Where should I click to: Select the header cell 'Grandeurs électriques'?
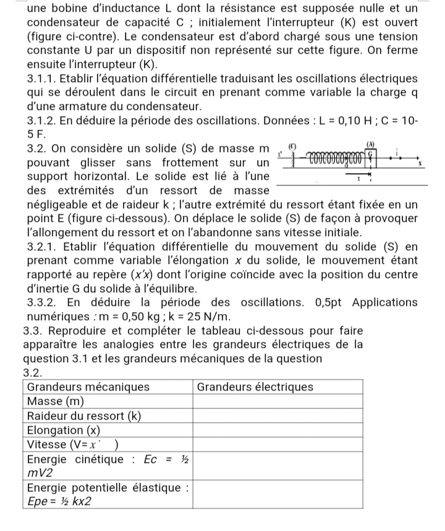click(x=255, y=387)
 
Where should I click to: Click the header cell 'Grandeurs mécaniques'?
click(x=89, y=387)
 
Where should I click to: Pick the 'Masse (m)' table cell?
click(x=56, y=401)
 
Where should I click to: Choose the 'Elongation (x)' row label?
click(x=64, y=430)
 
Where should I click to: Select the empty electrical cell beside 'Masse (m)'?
click(x=278, y=401)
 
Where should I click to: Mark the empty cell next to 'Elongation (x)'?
click(x=278, y=430)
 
